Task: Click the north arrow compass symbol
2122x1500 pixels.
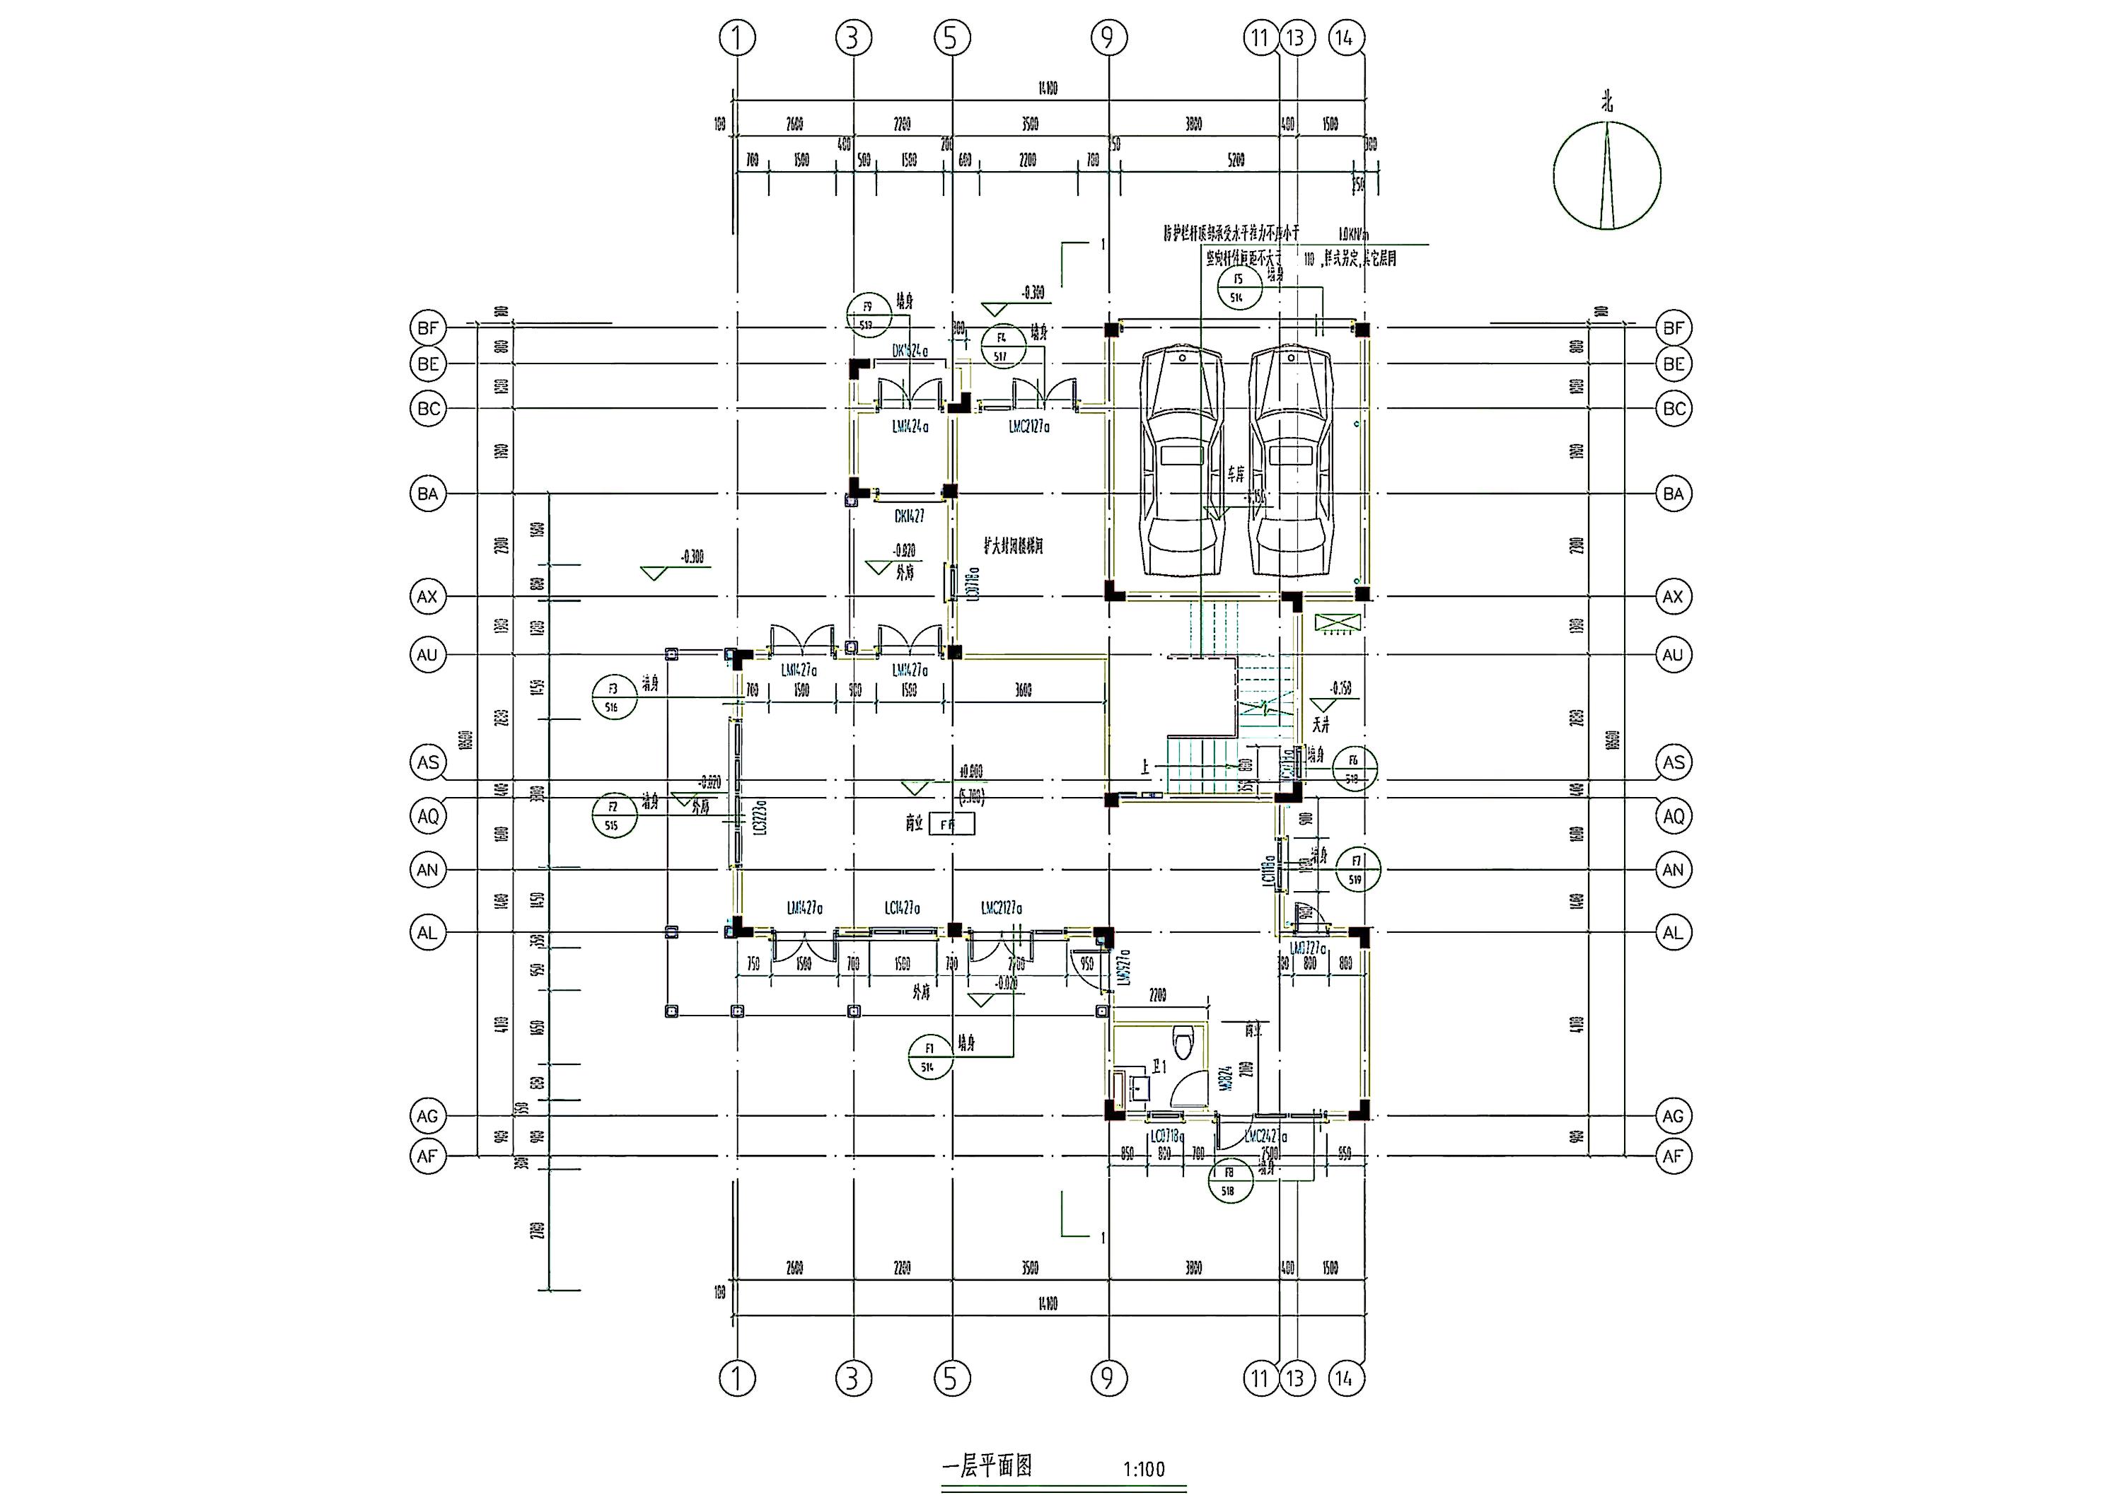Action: [x=1606, y=175]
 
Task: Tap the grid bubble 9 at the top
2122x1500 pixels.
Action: [x=1108, y=38]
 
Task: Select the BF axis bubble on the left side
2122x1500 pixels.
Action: [x=428, y=328]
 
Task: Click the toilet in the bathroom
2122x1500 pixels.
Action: [x=1183, y=1042]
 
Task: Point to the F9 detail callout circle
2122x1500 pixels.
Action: [x=868, y=314]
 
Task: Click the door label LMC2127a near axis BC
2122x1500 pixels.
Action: [x=1028, y=428]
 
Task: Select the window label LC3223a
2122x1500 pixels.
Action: [x=759, y=819]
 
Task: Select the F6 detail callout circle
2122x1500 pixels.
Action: [x=1354, y=768]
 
